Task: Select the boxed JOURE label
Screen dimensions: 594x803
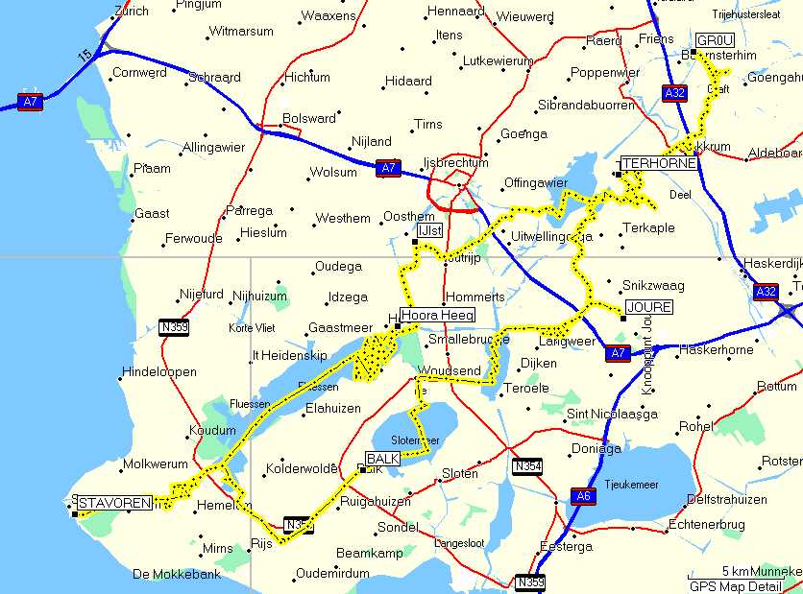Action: click(x=648, y=307)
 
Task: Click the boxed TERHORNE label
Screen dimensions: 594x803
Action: click(x=658, y=164)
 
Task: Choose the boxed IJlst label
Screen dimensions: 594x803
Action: click(x=429, y=231)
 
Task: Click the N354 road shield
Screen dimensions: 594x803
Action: click(x=526, y=466)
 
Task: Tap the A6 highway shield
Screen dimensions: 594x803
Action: click(x=583, y=496)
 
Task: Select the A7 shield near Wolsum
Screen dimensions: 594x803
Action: click(x=386, y=168)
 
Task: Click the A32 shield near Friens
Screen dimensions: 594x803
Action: click(x=675, y=92)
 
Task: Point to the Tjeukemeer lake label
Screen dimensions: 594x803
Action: click(x=630, y=485)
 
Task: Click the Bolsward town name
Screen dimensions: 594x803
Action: click(x=309, y=119)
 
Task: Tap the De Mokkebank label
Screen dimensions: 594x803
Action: click(x=177, y=575)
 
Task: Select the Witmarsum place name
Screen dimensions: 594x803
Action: click(x=241, y=32)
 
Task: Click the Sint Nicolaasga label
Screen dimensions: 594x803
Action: click(x=612, y=415)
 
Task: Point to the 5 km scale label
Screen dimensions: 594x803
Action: click(x=735, y=571)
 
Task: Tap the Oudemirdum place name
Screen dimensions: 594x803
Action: click(x=332, y=573)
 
